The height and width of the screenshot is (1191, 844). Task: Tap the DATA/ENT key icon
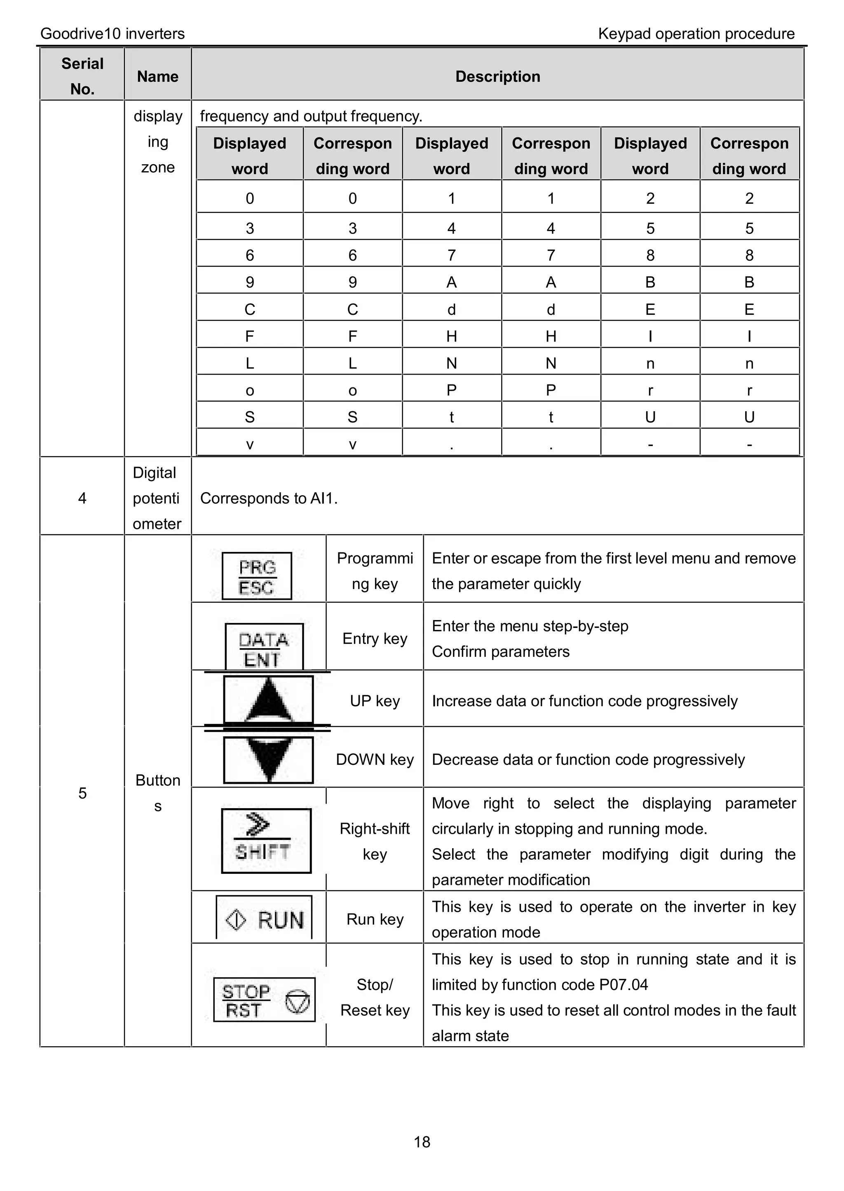pos(264,646)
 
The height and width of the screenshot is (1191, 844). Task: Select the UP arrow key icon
pos(268,700)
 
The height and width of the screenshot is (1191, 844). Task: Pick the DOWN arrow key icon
pos(268,759)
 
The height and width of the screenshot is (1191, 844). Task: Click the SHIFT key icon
pos(266,840)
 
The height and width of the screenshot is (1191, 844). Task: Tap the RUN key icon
pos(264,919)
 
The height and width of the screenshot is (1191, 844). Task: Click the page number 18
pos(422,1141)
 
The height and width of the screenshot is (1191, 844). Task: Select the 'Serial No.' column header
pos(82,76)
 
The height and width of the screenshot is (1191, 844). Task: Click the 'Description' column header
pos(497,76)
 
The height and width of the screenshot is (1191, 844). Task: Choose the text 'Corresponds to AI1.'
pos(269,498)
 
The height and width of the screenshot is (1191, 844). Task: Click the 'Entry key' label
pos(375,638)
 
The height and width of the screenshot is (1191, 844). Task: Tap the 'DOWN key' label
pos(375,759)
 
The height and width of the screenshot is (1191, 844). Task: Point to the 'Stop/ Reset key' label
pos(375,997)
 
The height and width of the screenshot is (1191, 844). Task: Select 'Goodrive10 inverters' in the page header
pos(112,34)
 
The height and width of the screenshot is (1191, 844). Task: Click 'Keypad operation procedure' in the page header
pos(696,34)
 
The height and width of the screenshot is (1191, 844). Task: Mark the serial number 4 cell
pos(82,498)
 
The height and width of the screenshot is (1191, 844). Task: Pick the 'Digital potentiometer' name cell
pos(157,498)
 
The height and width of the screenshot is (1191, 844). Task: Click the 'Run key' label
pos(375,919)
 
